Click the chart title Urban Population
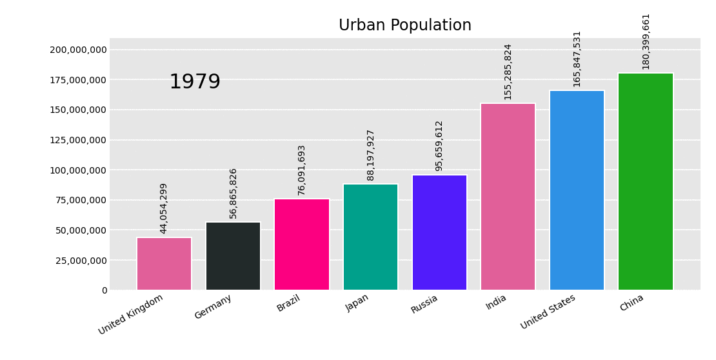pyautogui.click(x=405, y=26)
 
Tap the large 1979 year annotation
pyautogui.click(x=195, y=82)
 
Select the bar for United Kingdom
pyautogui.click(x=164, y=264)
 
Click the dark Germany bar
pyautogui.click(x=233, y=256)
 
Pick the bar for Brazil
pyautogui.click(x=302, y=245)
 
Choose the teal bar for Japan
pyautogui.click(x=370, y=237)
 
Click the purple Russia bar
pyautogui.click(x=439, y=232)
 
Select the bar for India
pyautogui.click(x=508, y=197)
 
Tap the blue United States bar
pyautogui.click(x=577, y=190)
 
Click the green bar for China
pyautogui.click(x=646, y=181)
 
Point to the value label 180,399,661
pyautogui.click(x=646, y=41)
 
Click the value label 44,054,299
pyautogui.click(x=164, y=208)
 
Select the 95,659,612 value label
pyautogui.click(x=439, y=145)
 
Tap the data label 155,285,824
pyautogui.click(x=508, y=72)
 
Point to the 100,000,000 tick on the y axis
pyautogui.click(x=78, y=170)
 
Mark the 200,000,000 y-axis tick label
pyautogui.click(x=78, y=50)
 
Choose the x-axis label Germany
pyautogui.click(x=214, y=306)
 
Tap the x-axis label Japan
pyautogui.click(x=357, y=303)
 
